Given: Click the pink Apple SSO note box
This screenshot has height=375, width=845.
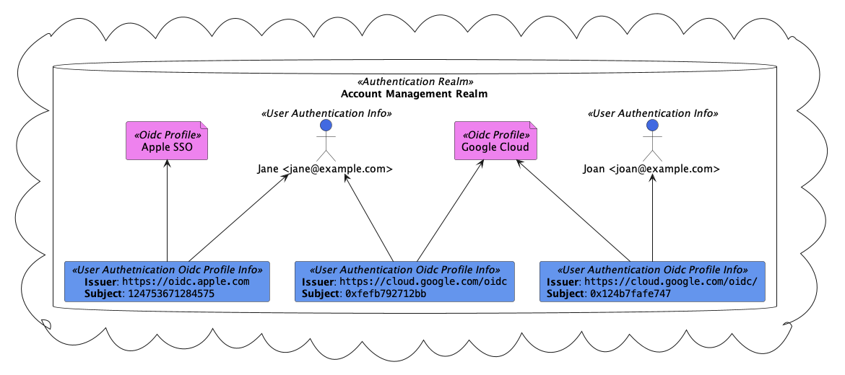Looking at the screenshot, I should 167,141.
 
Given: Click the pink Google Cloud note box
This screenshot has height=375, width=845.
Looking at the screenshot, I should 495,141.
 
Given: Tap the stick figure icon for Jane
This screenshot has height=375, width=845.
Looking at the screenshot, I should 326,141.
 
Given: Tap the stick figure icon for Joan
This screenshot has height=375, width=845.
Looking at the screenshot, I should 652,141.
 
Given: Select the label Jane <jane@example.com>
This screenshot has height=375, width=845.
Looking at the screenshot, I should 325,169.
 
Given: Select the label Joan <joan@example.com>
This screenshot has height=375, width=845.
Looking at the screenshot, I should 651,169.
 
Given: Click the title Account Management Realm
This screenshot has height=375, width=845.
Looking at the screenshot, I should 414,94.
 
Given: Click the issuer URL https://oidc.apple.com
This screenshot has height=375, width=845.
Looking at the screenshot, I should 186,282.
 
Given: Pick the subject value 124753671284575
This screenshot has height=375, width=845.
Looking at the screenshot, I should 170,294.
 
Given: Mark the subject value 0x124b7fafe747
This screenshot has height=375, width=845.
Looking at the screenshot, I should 630,294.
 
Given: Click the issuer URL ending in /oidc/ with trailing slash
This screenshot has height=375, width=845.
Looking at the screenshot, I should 670,282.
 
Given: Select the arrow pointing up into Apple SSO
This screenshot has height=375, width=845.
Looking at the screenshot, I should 167,209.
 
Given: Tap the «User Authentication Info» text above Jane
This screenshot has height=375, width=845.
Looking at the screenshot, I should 326,114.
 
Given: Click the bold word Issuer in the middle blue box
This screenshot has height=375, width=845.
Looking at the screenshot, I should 318,282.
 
